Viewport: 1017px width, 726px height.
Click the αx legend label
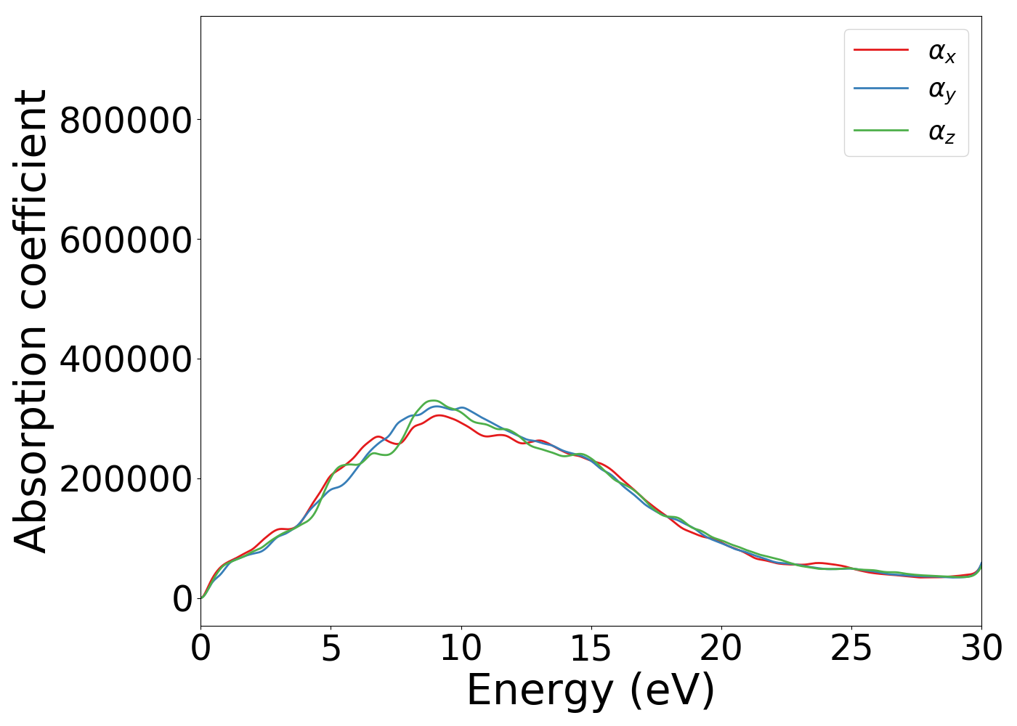[941, 52]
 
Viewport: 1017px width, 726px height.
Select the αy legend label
[941, 91]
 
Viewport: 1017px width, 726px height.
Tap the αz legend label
[941, 132]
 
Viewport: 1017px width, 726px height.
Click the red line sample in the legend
[880, 49]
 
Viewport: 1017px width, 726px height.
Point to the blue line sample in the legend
[880, 89]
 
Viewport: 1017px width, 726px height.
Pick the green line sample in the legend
[880, 131]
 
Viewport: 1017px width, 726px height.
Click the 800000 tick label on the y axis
[125, 120]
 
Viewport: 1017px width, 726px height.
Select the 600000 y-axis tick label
[125, 240]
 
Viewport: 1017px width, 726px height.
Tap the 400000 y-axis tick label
[125, 359]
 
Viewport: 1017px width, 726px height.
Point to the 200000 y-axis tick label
[125, 479]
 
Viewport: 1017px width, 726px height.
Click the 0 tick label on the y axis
[182, 599]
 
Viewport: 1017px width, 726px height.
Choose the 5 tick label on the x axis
[331, 648]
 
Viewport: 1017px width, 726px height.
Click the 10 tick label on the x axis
[461, 648]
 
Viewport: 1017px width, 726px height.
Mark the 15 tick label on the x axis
[591, 648]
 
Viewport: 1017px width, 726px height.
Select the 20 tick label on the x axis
[721, 648]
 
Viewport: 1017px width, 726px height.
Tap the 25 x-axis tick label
[851, 648]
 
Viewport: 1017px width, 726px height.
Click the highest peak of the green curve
[433, 400]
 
